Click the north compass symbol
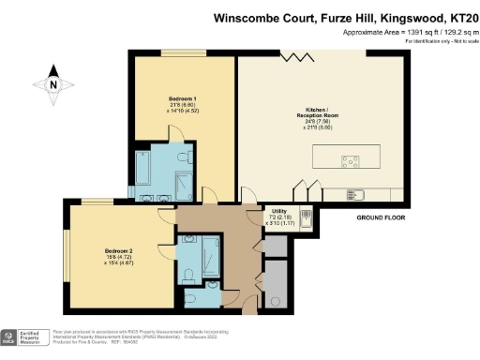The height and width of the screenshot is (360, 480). (53, 84)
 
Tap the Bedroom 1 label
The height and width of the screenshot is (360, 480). (183, 97)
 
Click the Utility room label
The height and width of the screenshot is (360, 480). (279, 211)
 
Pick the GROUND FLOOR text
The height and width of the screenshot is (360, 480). (382, 217)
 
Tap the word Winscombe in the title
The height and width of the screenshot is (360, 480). (246, 16)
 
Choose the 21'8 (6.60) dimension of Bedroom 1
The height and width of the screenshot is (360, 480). (183, 104)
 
